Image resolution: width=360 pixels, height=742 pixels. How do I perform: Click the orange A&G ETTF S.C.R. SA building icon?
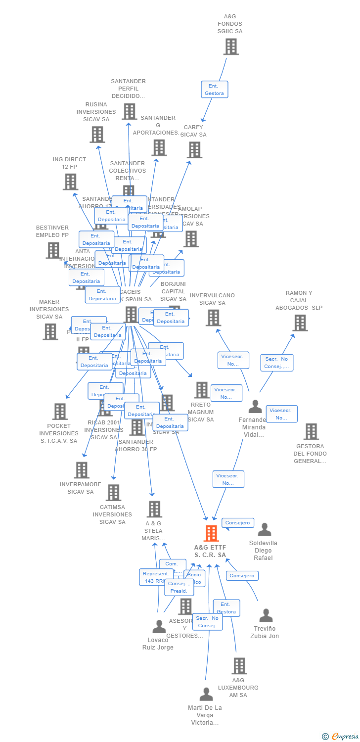(x=211, y=533)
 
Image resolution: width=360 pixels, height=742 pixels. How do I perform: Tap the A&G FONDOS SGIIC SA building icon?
(x=231, y=46)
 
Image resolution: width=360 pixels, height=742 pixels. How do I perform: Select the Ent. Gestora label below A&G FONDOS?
(x=215, y=90)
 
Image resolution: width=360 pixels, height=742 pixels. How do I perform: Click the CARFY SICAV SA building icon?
(x=194, y=149)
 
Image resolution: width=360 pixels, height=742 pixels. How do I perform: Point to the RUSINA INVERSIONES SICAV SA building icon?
(x=97, y=134)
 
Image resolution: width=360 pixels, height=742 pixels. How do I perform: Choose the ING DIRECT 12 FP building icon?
(x=71, y=182)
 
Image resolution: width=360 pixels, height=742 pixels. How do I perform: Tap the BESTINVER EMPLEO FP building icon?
(x=53, y=250)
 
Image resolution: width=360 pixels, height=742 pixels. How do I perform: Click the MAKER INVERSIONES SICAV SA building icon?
(x=50, y=331)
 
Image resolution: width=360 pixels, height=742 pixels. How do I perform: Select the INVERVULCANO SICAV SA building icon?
(x=213, y=318)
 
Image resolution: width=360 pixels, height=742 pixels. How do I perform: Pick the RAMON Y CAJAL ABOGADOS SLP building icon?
(x=300, y=323)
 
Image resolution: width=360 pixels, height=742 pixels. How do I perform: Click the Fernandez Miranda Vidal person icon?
(x=255, y=407)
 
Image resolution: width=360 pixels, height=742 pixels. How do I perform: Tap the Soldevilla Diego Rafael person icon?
(x=265, y=530)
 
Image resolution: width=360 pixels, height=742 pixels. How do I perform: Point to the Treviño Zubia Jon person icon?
(x=266, y=615)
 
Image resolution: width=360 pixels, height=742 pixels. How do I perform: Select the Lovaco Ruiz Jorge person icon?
(x=159, y=627)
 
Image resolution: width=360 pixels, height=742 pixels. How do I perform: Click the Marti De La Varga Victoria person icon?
(x=206, y=695)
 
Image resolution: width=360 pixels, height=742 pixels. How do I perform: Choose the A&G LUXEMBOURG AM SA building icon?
(x=239, y=666)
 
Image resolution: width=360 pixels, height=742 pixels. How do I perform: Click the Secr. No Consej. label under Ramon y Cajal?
(x=277, y=363)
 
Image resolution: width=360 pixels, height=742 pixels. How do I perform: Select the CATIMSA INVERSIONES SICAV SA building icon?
(x=114, y=493)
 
